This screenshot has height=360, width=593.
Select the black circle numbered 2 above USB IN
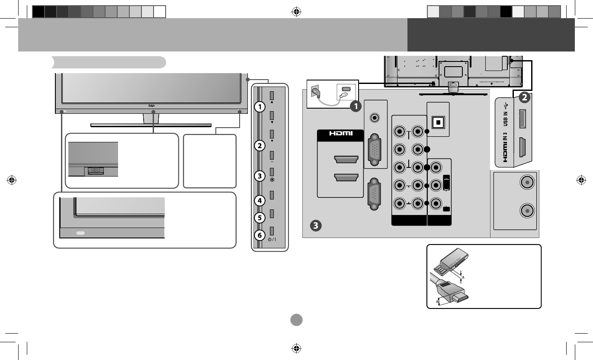click(524, 98)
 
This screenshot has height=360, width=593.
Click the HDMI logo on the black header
click(340, 133)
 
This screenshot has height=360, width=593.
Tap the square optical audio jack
click(438, 122)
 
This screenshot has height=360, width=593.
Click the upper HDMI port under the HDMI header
click(346, 160)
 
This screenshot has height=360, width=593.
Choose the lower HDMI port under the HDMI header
click(346, 177)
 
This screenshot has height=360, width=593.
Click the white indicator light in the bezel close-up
click(81, 233)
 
